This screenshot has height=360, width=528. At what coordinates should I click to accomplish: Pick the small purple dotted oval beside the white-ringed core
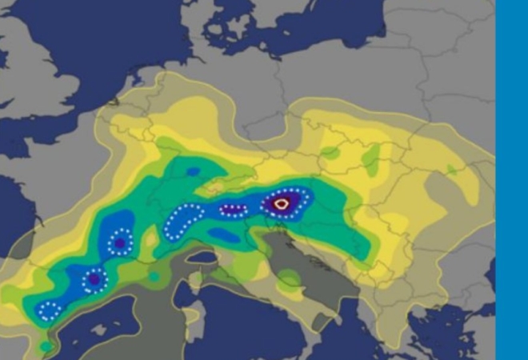coord(234,211)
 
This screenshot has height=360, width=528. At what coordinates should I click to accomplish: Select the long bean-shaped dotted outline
coord(182,221)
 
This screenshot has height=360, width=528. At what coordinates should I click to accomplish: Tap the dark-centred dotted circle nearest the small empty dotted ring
coord(94,280)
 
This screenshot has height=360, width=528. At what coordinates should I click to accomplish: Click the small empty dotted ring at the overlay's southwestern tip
coord(50,310)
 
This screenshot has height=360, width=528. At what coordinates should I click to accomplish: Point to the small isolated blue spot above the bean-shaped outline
coord(193,171)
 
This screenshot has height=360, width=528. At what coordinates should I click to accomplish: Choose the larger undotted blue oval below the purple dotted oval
coord(223,235)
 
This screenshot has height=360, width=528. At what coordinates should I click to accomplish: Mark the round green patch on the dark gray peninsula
coord(289,279)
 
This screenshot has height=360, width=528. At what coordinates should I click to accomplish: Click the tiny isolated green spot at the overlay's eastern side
coord(452,170)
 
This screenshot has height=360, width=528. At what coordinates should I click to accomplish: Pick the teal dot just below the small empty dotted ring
coord(46,346)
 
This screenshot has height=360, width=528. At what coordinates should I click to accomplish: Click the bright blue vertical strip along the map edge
coord(512,180)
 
